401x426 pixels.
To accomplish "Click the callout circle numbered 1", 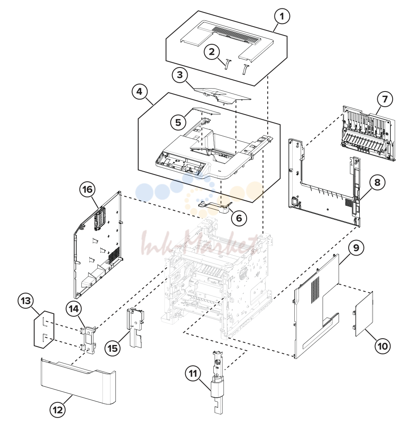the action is click(x=282, y=16).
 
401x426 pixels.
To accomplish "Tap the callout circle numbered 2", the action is click(x=212, y=51).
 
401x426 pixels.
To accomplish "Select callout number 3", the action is click(x=180, y=75).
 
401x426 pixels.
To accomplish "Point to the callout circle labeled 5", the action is click(x=178, y=122).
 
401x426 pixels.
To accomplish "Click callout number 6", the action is click(x=239, y=218).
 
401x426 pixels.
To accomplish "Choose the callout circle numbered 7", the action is click(x=385, y=99).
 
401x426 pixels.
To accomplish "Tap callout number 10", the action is click(x=382, y=346).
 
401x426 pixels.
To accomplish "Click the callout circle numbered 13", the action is click(x=26, y=301).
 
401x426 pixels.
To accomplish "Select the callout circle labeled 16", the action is click(x=87, y=189).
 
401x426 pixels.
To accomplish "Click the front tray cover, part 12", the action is click(x=79, y=380).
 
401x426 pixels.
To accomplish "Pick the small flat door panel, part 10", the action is click(x=363, y=314).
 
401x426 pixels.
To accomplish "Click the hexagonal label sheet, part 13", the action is click(x=44, y=329).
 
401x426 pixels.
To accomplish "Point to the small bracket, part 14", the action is click(x=88, y=340).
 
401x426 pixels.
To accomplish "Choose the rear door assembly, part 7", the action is click(x=368, y=133).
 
